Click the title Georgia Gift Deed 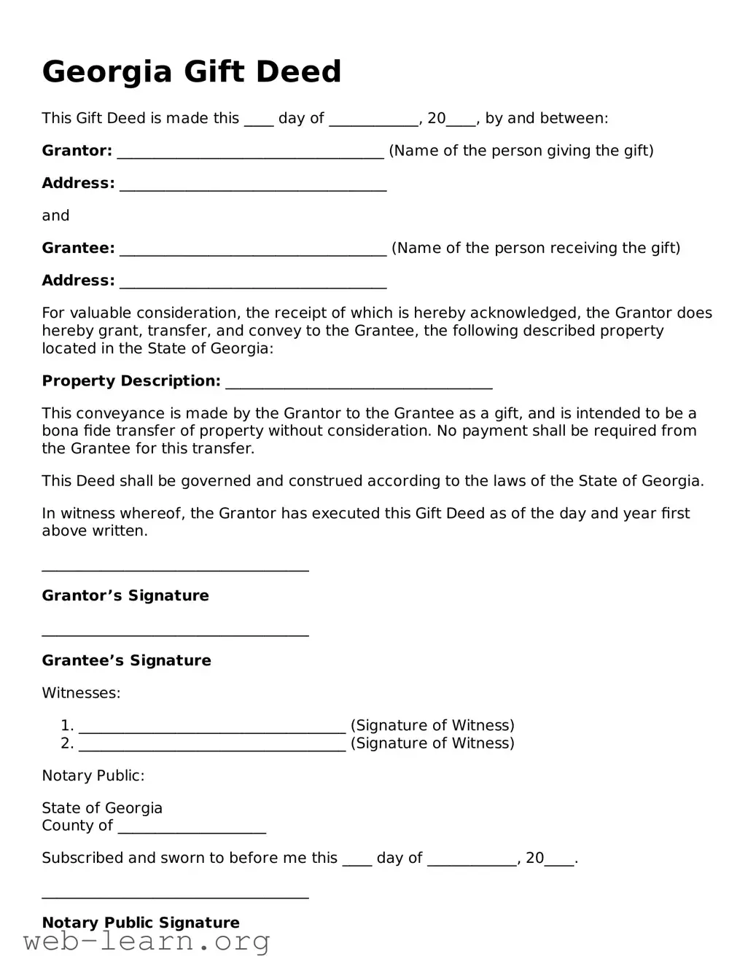point(192,71)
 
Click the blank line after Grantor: point(250,152)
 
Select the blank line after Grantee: point(252,249)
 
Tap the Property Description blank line point(359,382)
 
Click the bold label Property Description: point(131,381)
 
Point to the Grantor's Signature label point(125,596)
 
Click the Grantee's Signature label point(126,661)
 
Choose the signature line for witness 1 point(211,727)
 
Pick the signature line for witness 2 point(211,744)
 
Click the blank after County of point(192,827)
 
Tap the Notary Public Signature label point(141,923)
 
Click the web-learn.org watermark point(147,942)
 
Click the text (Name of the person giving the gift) point(521,151)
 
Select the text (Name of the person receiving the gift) point(536,249)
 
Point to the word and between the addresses point(55,216)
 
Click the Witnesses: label point(81,693)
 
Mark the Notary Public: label point(93,776)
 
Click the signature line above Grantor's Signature point(175,568)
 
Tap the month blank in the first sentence point(373,120)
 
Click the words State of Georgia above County point(102,808)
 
